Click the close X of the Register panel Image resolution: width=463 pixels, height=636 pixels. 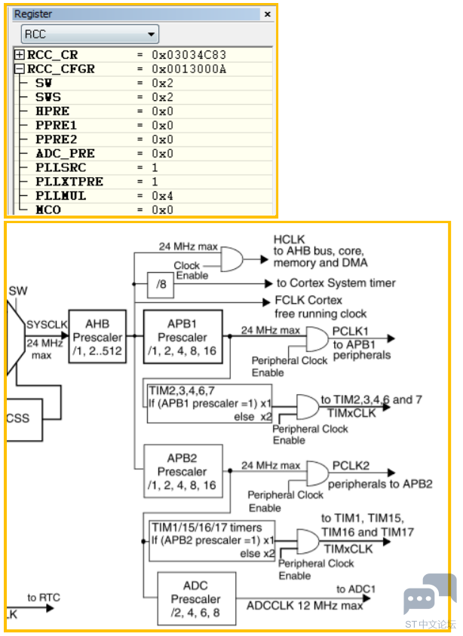click(x=268, y=14)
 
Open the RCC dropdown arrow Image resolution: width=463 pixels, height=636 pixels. click(x=152, y=34)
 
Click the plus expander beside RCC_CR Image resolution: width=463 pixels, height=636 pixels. click(x=20, y=55)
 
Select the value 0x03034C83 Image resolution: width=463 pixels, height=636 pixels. click(x=189, y=55)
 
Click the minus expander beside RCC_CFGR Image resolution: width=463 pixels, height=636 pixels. click(x=20, y=69)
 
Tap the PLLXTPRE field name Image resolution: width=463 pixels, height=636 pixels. click(x=69, y=182)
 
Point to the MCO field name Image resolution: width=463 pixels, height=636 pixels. click(x=49, y=210)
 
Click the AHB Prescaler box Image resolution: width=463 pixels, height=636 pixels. click(x=97, y=336)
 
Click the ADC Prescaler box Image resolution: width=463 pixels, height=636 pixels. click(x=196, y=599)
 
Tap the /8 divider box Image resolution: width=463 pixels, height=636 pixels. click(x=160, y=283)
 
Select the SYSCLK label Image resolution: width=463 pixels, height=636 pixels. click(x=46, y=324)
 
